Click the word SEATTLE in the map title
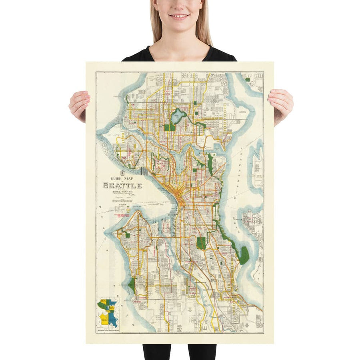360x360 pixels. point(122,186)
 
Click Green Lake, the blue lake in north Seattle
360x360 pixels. point(178,117)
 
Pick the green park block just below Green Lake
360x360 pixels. point(169,127)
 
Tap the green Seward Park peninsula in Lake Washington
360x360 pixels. point(244,255)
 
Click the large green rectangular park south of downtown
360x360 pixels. point(201,243)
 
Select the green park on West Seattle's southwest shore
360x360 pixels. point(132,285)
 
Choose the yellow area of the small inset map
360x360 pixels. point(104,318)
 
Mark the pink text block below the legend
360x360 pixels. point(122,215)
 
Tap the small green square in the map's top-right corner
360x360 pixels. point(247,80)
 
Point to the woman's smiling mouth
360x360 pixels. point(180,16)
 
